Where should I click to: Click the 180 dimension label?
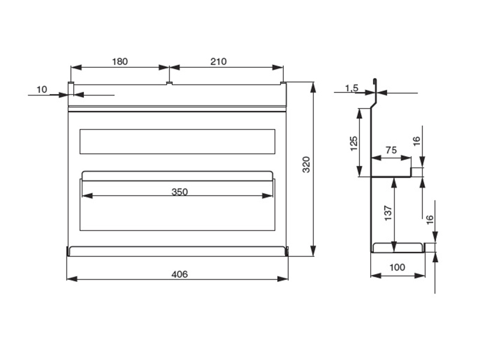click(x=119, y=62)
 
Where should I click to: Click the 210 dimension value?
click(x=218, y=62)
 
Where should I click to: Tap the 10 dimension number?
click(x=42, y=89)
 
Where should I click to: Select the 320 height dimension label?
click(x=306, y=164)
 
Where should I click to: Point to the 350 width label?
click(x=179, y=192)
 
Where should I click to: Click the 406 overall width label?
click(x=179, y=274)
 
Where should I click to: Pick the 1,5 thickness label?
click(x=352, y=88)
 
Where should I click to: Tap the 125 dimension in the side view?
click(x=353, y=143)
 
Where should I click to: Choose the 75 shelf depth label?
click(x=391, y=150)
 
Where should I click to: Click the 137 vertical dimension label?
click(x=388, y=214)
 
